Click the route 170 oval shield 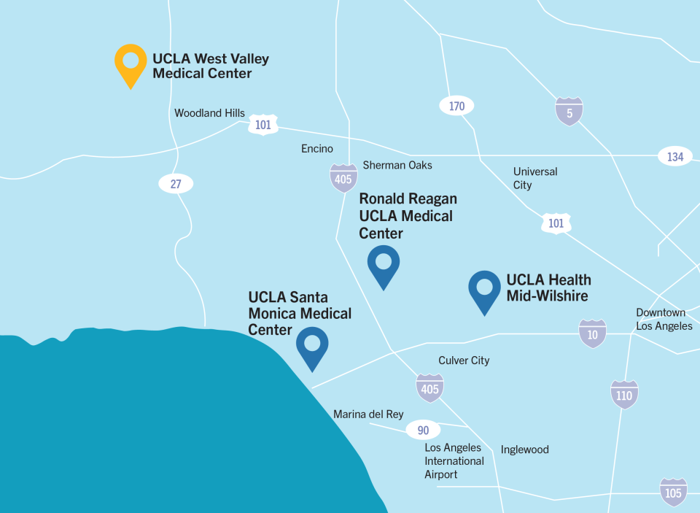(456, 107)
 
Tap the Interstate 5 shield (569, 112)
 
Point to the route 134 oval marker (674, 156)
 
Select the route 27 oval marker (176, 184)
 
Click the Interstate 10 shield (592, 333)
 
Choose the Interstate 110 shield (624, 395)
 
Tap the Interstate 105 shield (673, 493)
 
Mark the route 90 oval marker (424, 431)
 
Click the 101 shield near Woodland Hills (263, 125)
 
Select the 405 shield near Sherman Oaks (343, 178)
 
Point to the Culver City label (464, 360)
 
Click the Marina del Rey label (368, 414)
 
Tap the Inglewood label (524, 450)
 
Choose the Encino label (317, 149)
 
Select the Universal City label (534, 178)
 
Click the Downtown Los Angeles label (664, 319)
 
